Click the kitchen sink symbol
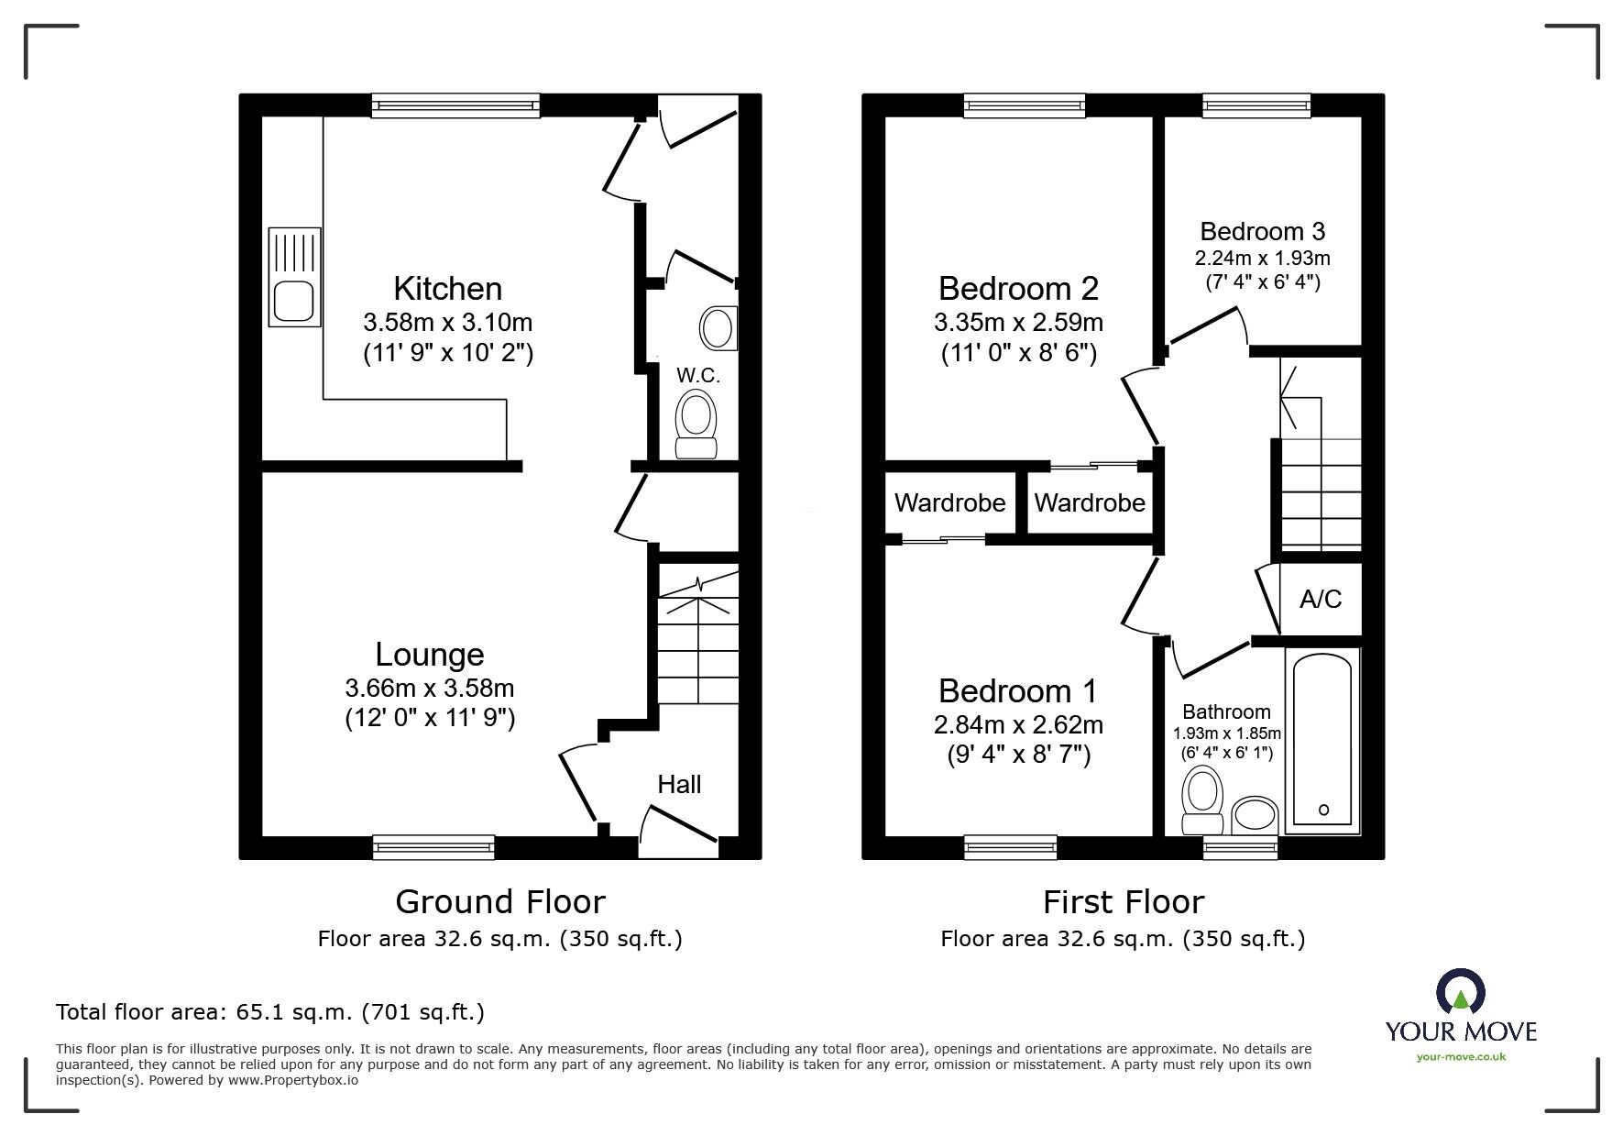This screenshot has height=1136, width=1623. [x=294, y=277]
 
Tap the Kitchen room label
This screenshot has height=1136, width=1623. [x=447, y=289]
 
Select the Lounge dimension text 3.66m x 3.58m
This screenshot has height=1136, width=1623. [x=430, y=688]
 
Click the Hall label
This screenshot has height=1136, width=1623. [x=679, y=784]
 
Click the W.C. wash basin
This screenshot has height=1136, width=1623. [x=718, y=327]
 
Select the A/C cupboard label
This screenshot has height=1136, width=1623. [x=1321, y=599]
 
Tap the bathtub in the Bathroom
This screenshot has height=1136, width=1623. [x=1321, y=741]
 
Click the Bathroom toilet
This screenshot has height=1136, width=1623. [x=1202, y=800]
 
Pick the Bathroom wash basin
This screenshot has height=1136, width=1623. [x=1255, y=814]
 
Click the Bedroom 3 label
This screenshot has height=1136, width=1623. [x=1263, y=231]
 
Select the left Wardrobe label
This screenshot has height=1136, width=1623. [x=949, y=502]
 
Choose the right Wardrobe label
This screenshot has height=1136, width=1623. [x=1090, y=502]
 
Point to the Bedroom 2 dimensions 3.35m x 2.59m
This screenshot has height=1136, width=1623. [x=1018, y=323]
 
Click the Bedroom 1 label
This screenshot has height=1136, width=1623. [x=1017, y=690]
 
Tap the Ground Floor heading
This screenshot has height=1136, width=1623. [x=500, y=902]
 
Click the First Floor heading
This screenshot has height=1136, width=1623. [x=1123, y=902]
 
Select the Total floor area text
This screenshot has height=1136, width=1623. [x=270, y=1012]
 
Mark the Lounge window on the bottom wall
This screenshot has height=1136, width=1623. [x=433, y=847]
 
